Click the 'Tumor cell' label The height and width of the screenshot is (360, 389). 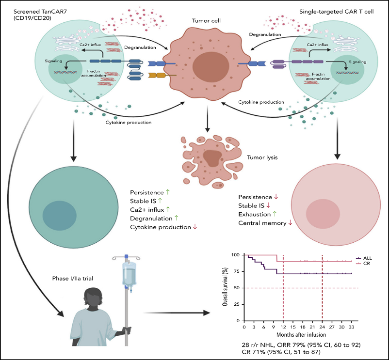click(x=206, y=21)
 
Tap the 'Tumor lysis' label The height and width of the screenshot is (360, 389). click(x=262, y=157)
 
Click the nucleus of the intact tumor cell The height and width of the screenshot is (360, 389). click(x=211, y=67)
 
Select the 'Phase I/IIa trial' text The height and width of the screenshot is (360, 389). click(x=73, y=279)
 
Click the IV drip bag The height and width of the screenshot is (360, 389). click(x=129, y=274)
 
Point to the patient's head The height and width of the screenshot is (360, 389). click(x=93, y=298)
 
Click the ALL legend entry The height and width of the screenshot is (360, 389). click(x=364, y=258)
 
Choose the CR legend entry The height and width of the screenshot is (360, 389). click(x=363, y=264)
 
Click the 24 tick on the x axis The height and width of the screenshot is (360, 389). click(x=322, y=327)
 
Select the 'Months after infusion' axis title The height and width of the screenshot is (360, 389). click(x=301, y=335)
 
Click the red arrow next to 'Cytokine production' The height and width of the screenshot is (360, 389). click(x=195, y=227)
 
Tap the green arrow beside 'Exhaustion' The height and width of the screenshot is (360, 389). click(x=275, y=214)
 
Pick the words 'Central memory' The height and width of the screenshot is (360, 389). click(x=262, y=223)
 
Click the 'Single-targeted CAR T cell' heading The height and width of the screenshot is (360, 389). click(x=337, y=12)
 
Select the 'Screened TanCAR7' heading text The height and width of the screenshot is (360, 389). click(x=40, y=12)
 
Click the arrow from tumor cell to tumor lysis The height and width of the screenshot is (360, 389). click(x=208, y=118)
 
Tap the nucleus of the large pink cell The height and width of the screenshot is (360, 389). click(x=323, y=214)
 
